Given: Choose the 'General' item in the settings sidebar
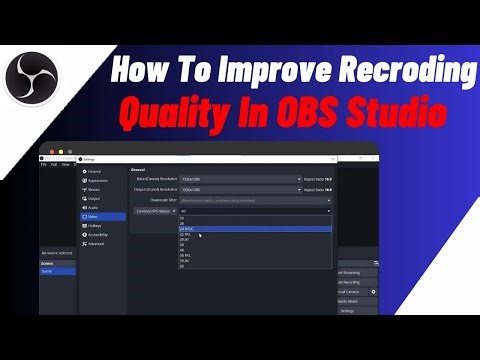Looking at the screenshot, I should point(93,172).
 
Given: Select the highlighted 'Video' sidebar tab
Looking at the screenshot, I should point(93,216).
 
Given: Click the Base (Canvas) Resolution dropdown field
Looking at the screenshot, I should point(240,179).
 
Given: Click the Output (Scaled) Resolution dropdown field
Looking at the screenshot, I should point(240,190).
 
